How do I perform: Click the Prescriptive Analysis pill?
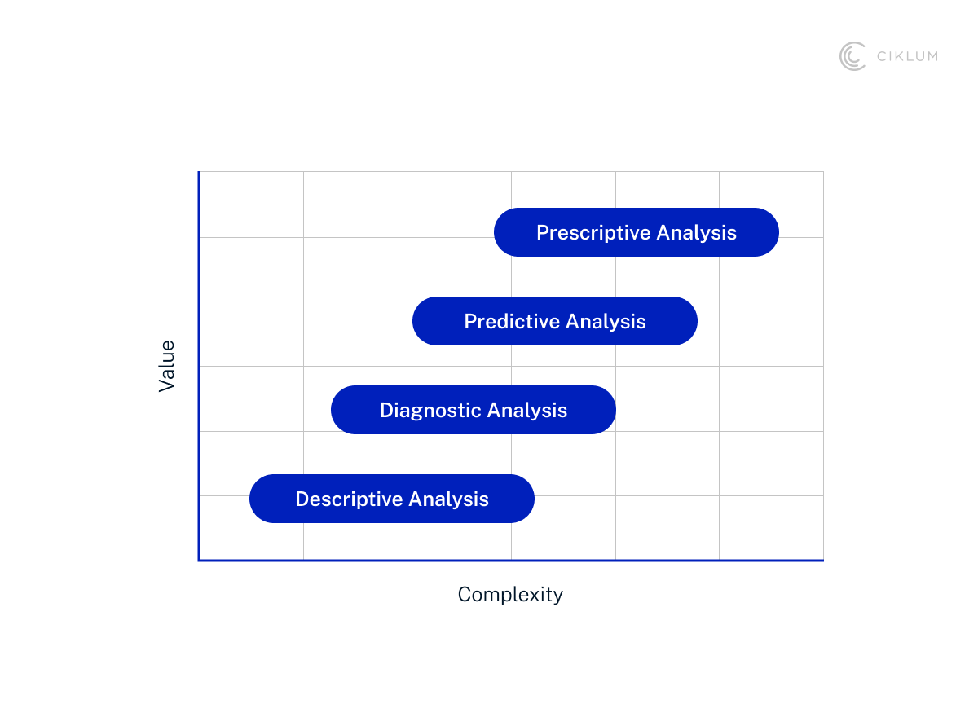pyautogui.click(x=636, y=232)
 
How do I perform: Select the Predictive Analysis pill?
pyautogui.click(x=554, y=321)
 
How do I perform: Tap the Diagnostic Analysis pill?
pyautogui.click(x=473, y=410)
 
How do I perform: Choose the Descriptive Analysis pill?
pyautogui.click(x=391, y=499)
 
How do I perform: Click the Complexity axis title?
pyautogui.click(x=510, y=595)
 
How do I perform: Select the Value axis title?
pyautogui.click(x=167, y=366)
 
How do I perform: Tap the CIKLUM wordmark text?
pyautogui.click(x=906, y=56)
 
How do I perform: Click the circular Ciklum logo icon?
pyautogui.click(x=852, y=56)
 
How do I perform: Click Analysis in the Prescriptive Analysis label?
pyautogui.click(x=696, y=233)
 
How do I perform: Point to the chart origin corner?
pyautogui.click(x=199, y=560)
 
